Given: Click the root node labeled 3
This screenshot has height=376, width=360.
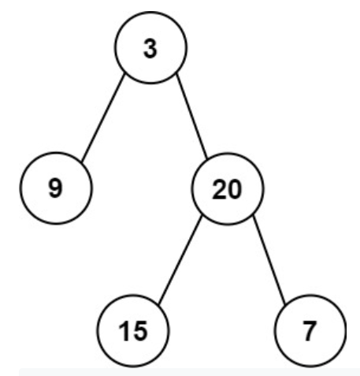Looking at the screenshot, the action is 150,47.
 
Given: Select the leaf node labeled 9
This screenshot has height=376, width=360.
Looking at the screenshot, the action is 56,188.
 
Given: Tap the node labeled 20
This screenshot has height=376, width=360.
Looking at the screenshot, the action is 227,188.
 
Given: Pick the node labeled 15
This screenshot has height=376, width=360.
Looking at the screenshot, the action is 133,330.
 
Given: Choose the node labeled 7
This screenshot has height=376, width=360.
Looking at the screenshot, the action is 310,330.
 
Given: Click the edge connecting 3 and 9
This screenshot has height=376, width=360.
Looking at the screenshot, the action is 103,118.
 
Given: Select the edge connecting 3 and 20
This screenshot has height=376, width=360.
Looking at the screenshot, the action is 191,117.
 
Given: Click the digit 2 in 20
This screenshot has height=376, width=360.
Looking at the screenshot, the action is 219,189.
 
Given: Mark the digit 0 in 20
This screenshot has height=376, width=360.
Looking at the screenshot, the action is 234,189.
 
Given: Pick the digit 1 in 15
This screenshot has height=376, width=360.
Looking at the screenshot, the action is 124,332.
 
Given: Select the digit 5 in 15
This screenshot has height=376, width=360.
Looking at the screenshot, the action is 140,332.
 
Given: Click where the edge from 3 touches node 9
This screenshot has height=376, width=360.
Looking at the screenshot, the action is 82,162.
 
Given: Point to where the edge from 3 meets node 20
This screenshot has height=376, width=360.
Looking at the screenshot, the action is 207,158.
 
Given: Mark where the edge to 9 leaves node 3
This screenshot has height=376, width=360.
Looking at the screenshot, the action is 124,75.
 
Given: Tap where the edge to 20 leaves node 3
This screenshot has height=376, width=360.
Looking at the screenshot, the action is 176,74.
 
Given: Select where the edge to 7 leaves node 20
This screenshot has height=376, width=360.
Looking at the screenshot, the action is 253,216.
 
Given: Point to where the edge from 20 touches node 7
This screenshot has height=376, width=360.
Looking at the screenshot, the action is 285,304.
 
